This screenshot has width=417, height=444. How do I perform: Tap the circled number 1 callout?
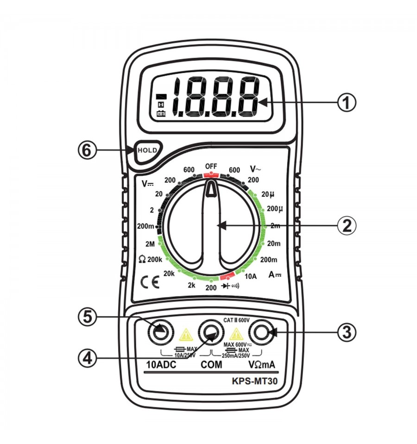pyautogui.click(x=347, y=102)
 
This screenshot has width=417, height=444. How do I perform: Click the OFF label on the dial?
pyautogui.click(x=211, y=166)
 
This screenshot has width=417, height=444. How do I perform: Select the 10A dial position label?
pyautogui.click(x=250, y=276)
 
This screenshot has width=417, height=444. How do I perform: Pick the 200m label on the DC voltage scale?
pyautogui.click(x=145, y=226)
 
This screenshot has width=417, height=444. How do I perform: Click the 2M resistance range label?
pyautogui.click(x=150, y=244)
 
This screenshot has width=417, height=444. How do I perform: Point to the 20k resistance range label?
pyautogui.click(x=169, y=273)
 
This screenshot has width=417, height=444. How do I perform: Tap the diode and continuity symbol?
pyautogui.click(x=230, y=286)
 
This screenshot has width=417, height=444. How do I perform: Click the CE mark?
pyautogui.click(x=150, y=282)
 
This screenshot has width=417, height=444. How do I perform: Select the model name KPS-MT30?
pyautogui.click(x=255, y=381)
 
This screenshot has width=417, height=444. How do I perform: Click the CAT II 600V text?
pyautogui.click(x=236, y=320)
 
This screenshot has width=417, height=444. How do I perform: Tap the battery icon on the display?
pyautogui.click(x=161, y=114)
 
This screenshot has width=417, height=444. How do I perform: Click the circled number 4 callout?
pyautogui.click(x=88, y=358)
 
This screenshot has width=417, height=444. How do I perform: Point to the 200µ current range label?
pyautogui.click(x=275, y=209)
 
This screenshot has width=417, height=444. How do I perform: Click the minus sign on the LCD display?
pyautogui.click(x=162, y=97)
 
